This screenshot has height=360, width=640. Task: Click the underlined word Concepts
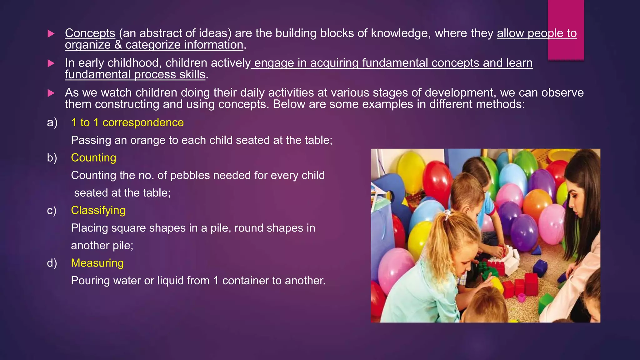90,33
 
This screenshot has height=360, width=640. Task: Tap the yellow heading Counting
93,157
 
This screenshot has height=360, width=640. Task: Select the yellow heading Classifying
98,210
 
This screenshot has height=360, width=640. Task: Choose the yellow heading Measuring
97,263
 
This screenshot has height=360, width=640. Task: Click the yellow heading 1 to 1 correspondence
127,122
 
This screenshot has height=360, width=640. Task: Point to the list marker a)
52,122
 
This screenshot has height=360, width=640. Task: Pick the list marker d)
52,263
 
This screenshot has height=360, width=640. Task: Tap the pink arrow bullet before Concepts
51,34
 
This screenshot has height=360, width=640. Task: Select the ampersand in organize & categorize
118,45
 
